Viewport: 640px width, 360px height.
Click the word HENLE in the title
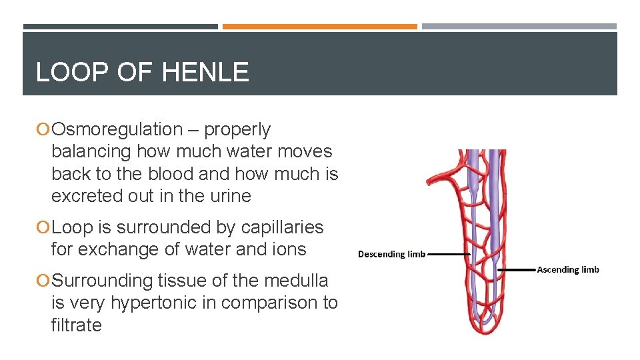(205, 72)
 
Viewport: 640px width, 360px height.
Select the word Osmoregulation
(117, 129)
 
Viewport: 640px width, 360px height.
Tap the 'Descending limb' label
(391, 254)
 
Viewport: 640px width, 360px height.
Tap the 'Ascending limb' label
(568, 269)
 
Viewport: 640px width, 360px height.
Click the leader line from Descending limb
(449, 254)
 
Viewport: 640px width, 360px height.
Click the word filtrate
(76, 325)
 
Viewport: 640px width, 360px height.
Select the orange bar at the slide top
(319, 27)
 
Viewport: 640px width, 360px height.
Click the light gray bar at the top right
(519, 27)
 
